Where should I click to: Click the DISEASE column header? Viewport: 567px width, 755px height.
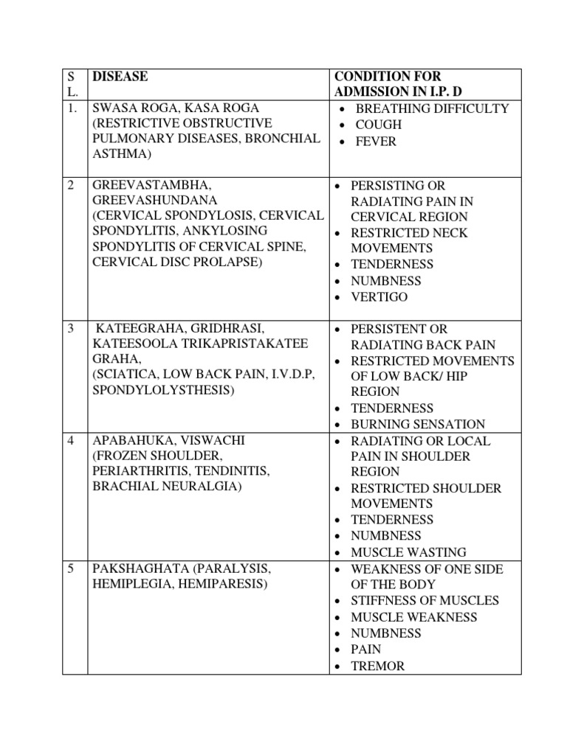[x=120, y=77]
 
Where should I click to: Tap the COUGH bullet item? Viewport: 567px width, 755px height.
[x=379, y=125]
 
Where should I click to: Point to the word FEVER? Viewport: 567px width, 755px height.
[x=376, y=141]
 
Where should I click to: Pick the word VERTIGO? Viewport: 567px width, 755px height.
[x=379, y=297]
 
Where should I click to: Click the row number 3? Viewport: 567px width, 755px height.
[x=71, y=329]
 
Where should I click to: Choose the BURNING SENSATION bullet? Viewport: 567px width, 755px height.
[x=418, y=424]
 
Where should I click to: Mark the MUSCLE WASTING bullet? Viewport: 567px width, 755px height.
[x=408, y=552]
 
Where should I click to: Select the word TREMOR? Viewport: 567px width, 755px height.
[x=378, y=666]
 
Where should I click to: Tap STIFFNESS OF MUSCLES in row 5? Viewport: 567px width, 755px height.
[x=425, y=600]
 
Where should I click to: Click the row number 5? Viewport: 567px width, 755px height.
[x=71, y=568]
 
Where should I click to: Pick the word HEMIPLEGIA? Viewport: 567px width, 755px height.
[x=133, y=585]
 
